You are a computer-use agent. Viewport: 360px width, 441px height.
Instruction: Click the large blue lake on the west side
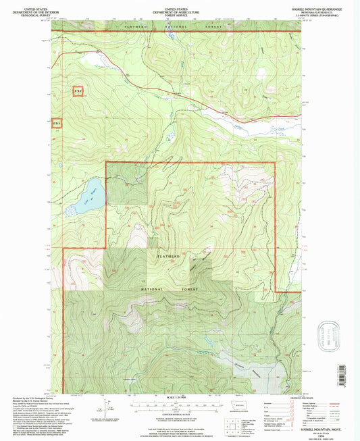(88, 196)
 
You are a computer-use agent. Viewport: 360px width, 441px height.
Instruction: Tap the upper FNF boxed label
(78, 90)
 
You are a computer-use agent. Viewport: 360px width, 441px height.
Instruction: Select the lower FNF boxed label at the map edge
(57, 124)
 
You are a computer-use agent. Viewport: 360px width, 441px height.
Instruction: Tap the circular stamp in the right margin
(332, 335)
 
